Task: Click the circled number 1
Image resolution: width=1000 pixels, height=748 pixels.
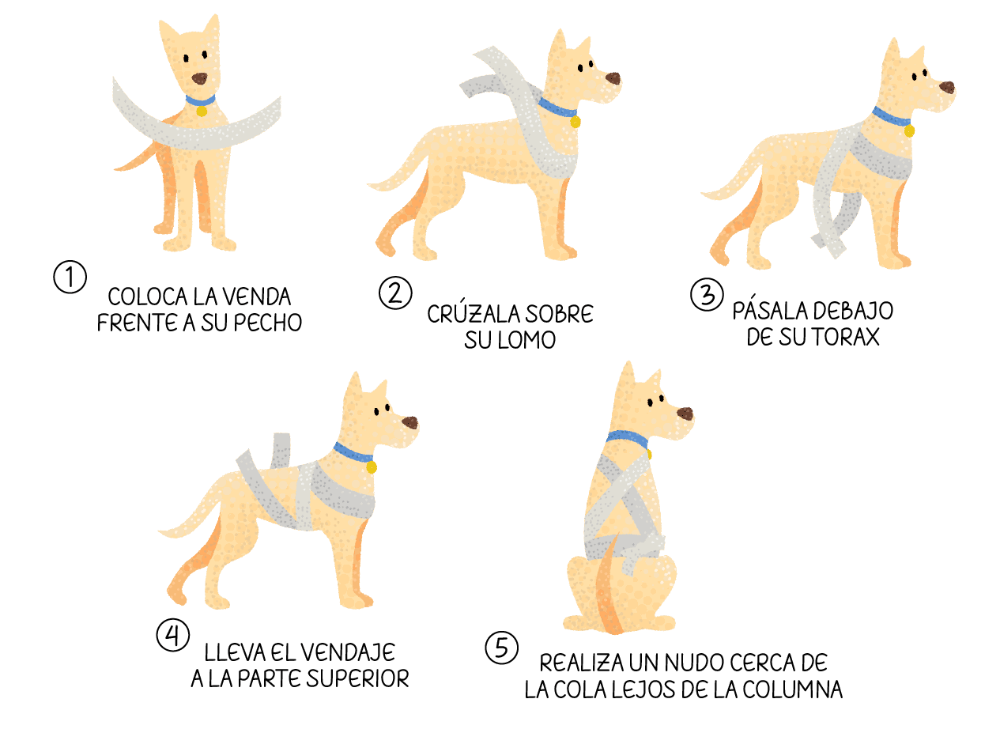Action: [70, 277]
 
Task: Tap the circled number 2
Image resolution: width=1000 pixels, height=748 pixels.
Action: [395, 293]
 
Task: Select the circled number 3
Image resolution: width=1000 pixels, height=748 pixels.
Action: [706, 294]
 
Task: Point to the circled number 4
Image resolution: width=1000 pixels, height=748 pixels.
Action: [172, 635]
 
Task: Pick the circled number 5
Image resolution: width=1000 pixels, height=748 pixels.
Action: [501, 648]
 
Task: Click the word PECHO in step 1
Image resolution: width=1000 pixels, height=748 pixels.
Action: [268, 323]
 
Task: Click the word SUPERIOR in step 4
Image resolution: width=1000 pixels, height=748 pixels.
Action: [357, 678]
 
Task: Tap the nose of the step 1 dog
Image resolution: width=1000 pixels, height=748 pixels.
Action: [199, 78]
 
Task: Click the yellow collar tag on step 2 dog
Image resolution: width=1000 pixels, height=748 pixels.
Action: [575, 122]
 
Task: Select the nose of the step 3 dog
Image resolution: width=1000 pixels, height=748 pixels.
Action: [947, 87]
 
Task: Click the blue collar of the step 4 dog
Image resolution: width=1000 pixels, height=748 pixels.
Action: [353, 452]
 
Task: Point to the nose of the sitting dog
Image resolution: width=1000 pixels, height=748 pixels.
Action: [685, 414]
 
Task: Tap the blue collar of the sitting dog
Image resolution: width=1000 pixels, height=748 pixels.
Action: [627, 440]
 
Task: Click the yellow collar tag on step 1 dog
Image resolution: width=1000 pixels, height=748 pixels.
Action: [202, 111]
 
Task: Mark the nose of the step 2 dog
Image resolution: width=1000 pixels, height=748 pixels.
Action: [613, 78]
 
